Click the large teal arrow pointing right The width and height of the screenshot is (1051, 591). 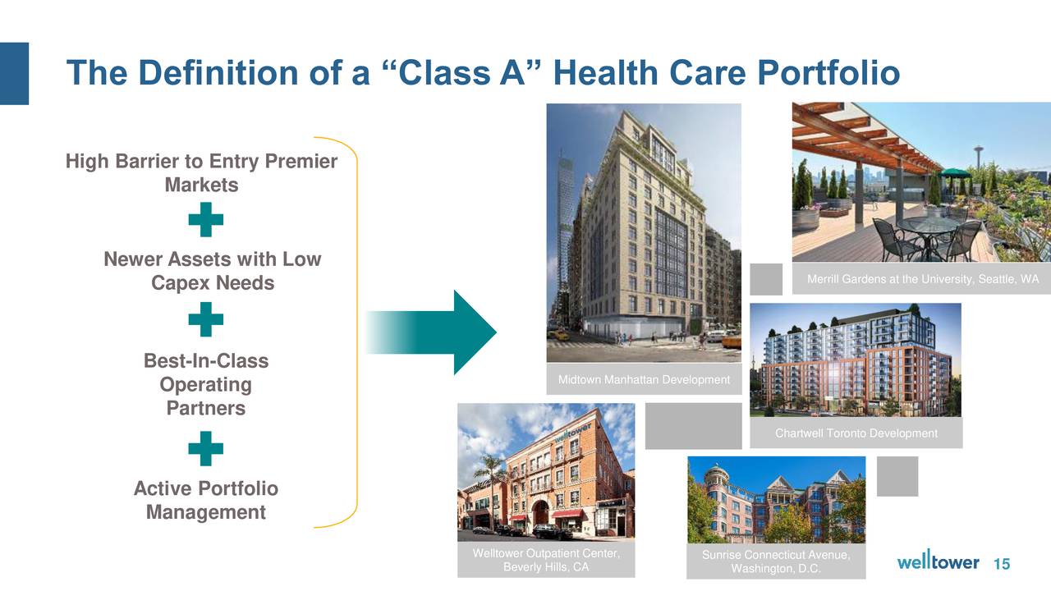pyautogui.click(x=431, y=332)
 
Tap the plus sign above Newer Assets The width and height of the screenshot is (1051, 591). pyautogui.click(x=205, y=219)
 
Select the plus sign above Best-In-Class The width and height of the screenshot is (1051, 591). pyautogui.click(x=205, y=319)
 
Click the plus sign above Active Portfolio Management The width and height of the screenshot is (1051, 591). pyautogui.click(x=205, y=448)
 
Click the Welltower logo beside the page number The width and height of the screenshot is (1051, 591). pyautogui.click(x=938, y=561)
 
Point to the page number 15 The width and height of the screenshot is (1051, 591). pyautogui.click(x=1002, y=563)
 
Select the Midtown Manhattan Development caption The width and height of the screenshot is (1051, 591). pyautogui.click(x=644, y=379)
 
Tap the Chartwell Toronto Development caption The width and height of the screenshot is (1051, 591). pyautogui.click(x=856, y=433)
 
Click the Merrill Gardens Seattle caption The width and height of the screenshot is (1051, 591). pyautogui.click(x=922, y=279)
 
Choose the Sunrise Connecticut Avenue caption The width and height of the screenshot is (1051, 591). pyautogui.click(x=776, y=561)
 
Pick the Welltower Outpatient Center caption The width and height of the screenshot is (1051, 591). pyautogui.click(x=546, y=560)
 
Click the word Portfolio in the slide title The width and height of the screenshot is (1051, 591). pyautogui.click(x=828, y=73)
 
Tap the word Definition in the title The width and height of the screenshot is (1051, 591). pyautogui.click(x=218, y=73)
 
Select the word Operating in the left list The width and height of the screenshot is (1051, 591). pyautogui.click(x=205, y=385)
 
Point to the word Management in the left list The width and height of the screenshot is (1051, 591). pyautogui.click(x=205, y=511)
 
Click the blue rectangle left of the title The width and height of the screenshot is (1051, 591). pyautogui.click(x=14, y=74)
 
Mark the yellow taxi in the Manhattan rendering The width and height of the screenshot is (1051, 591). pyautogui.click(x=558, y=335)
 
